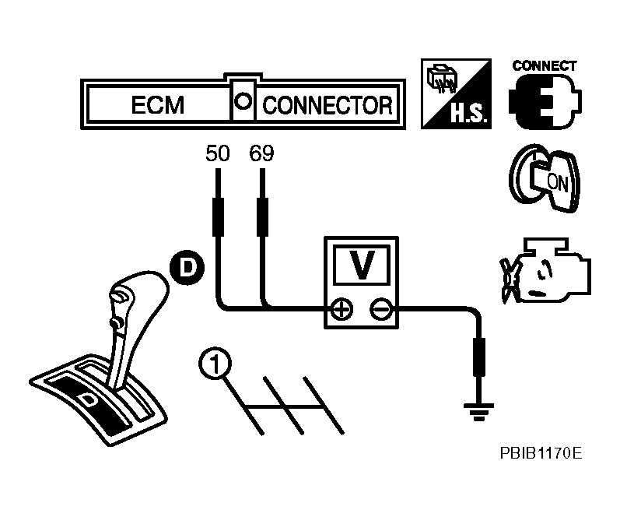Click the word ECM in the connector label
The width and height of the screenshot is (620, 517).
pyautogui.click(x=157, y=105)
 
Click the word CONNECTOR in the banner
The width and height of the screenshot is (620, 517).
pyautogui.click(x=327, y=105)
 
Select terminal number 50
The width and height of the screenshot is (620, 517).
pyautogui.click(x=218, y=153)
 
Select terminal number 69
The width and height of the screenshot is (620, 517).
pyautogui.click(x=262, y=153)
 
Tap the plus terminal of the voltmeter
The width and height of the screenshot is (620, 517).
pyautogui.click(x=341, y=311)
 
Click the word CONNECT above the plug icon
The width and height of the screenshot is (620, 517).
pyautogui.click(x=545, y=66)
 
